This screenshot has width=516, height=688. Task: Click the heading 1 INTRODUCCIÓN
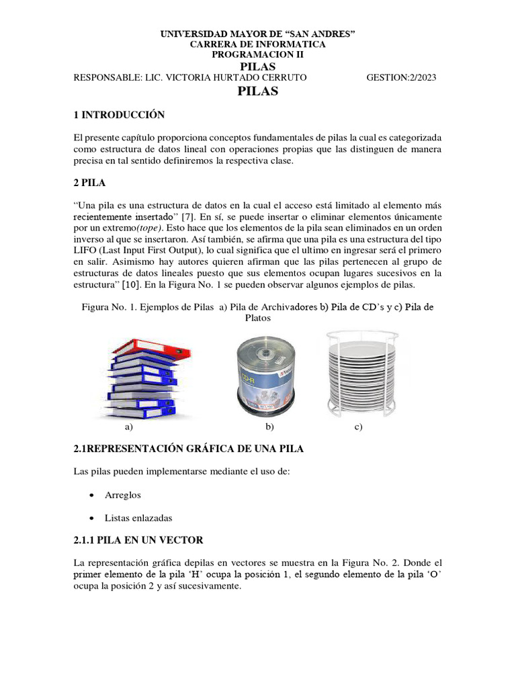pos(119,115)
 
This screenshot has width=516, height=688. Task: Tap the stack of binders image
pos(142,378)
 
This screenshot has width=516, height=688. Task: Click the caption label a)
pos(129,427)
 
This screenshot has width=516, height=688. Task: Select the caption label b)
pos(270,427)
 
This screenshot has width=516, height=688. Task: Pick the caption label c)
pos(358,427)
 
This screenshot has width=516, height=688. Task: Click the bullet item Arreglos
pos(123,494)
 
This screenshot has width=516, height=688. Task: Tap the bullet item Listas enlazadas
pos(138,517)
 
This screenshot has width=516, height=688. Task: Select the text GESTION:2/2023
pos(401,77)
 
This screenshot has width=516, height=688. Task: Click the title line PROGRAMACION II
pos(258,54)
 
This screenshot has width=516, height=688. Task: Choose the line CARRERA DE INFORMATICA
pos(258,44)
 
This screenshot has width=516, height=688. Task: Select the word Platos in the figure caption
pos(258,318)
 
